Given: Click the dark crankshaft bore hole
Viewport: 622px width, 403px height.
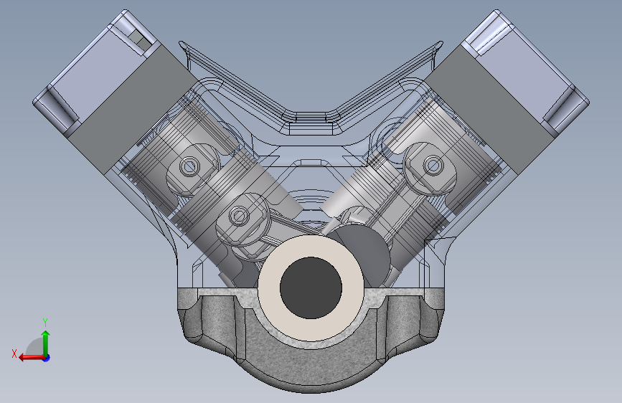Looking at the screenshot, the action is pyautogui.click(x=311, y=288).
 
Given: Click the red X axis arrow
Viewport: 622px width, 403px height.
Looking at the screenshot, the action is pyautogui.click(x=32, y=358).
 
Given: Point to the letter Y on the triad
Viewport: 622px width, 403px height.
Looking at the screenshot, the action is pyautogui.click(x=45, y=322).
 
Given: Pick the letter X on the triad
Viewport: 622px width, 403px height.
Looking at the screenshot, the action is pyautogui.click(x=14, y=354).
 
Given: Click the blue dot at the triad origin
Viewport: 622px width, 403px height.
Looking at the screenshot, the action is pyautogui.click(x=47, y=358).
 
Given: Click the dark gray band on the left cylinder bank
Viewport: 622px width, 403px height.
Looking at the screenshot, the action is pyautogui.click(x=133, y=109).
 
